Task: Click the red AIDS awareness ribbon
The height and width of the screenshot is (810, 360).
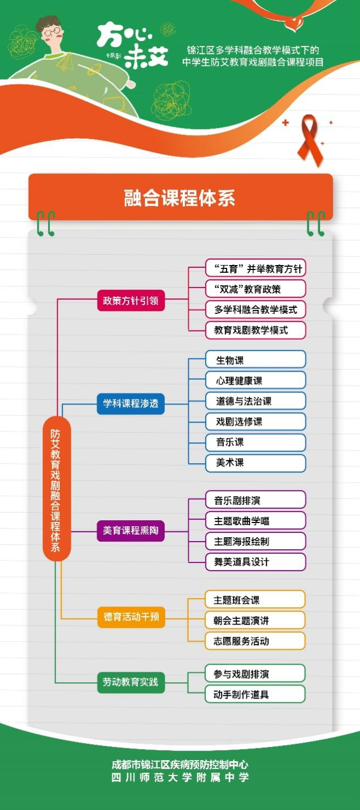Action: click(x=310, y=139)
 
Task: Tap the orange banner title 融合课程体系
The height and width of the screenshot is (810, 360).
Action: click(x=180, y=198)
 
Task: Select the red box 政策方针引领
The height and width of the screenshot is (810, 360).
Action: click(x=131, y=301)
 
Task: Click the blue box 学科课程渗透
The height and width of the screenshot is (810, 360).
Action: click(x=131, y=403)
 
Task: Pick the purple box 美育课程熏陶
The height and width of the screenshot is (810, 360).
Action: click(x=131, y=531)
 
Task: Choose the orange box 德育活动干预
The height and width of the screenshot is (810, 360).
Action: click(x=131, y=617)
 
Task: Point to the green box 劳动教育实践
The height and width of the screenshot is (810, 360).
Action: click(x=131, y=682)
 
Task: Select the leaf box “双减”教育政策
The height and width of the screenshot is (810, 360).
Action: click(x=255, y=289)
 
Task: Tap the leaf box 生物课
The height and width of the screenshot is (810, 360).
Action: click(x=255, y=360)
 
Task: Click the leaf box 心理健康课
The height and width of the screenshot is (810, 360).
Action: click(x=255, y=380)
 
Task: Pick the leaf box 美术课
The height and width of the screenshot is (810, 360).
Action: click(x=255, y=463)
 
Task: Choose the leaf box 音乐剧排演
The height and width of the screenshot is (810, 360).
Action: click(x=255, y=500)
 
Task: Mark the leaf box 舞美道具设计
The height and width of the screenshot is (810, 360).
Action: click(x=255, y=561)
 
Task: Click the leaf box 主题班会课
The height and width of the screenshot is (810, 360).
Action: click(x=255, y=600)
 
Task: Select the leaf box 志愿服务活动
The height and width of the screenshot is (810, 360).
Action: click(x=255, y=640)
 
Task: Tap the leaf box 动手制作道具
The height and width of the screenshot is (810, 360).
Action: click(x=255, y=694)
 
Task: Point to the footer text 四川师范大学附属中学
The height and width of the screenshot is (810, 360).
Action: click(x=180, y=777)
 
